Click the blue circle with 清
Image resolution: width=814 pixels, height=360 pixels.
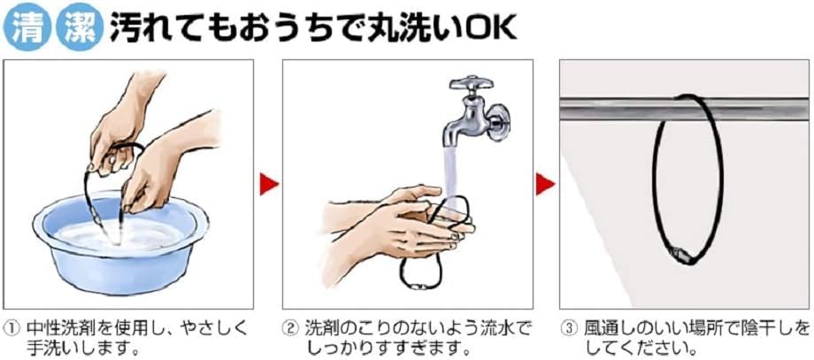[x=27, y=27]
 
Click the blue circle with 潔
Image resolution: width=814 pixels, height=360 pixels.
[x=79, y=27]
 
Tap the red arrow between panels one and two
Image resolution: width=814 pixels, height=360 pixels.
[x=268, y=184]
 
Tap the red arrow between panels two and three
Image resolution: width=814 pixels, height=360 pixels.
[x=545, y=184]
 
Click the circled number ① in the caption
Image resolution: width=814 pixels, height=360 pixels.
[x=11, y=328]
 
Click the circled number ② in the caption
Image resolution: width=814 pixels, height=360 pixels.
[x=289, y=328]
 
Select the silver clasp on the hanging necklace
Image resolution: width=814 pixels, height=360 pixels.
[x=681, y=255]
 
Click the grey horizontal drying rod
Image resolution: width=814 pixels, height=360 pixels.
[x=684, y=109]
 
